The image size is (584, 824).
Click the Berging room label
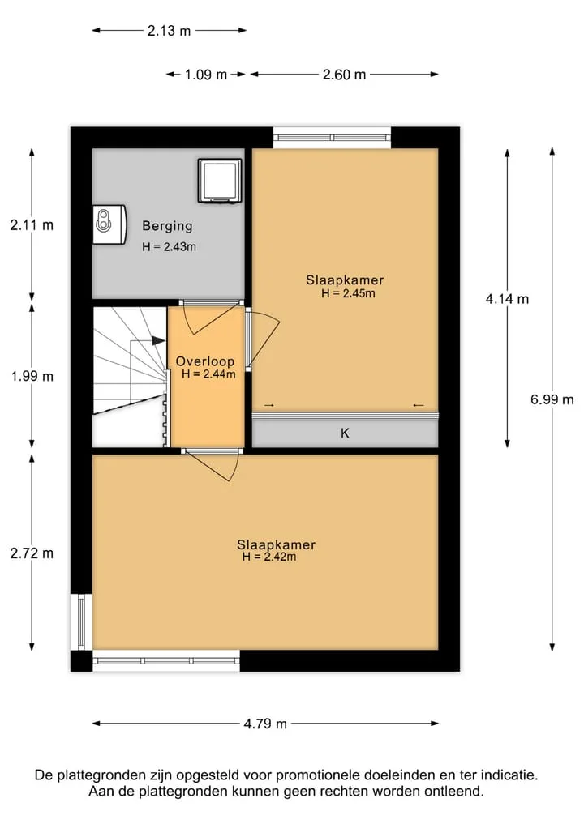167,227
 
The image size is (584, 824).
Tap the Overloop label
204,361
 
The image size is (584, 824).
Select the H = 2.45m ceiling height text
348,294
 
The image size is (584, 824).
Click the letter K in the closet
346,433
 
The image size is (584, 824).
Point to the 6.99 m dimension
552,400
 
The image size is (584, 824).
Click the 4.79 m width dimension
265,724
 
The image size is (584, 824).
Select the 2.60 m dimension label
344,75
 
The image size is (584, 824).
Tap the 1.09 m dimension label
206,75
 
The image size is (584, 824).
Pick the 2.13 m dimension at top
169,31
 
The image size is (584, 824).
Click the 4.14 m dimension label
507,299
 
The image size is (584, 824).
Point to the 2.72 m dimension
32,553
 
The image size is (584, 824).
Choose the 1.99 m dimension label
32,376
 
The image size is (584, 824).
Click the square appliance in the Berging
220,180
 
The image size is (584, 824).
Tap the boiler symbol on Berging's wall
109,224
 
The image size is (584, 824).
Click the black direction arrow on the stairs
158,340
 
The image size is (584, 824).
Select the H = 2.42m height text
268,557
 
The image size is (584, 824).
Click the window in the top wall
332,138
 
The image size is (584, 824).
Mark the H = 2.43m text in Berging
169,247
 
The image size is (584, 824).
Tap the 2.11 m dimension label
32,225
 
